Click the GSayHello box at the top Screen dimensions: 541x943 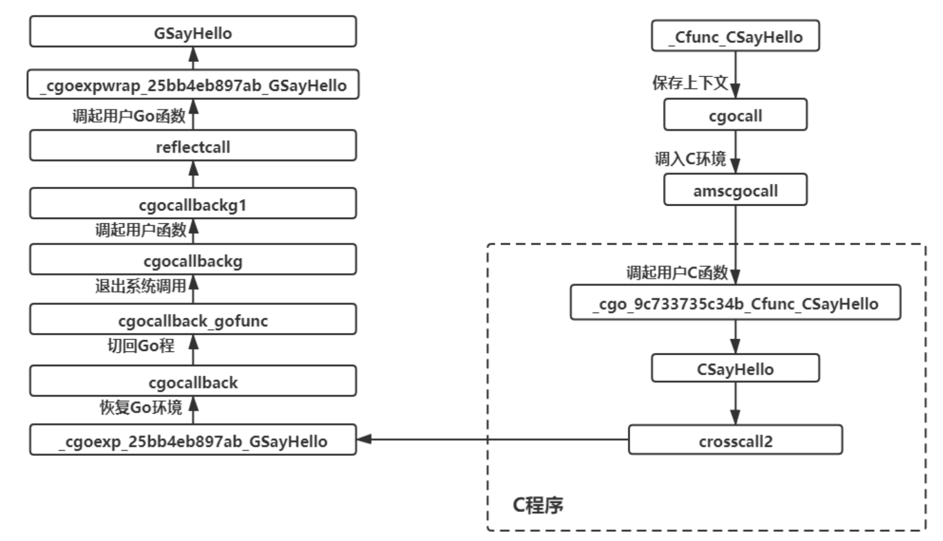tap(193, 32)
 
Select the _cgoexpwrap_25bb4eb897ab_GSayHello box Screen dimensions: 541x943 tap(193, 85)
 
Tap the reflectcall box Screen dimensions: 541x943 tap(193, 146)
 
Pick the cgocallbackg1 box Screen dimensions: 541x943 tap(193, 204)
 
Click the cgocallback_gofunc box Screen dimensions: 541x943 tap(193, 320)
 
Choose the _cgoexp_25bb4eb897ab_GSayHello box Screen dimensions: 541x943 tap(193, 441)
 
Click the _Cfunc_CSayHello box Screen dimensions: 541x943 tap(735, 36)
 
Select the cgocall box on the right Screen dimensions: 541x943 tap(735, 115)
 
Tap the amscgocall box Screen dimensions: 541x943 tap(735, 190)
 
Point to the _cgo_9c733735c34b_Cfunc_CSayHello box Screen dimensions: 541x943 tap(735, 303)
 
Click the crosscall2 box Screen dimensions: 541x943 tap(735, 441)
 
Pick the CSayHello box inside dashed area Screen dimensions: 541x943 tap(735, 369)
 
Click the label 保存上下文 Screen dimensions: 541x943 tap(690, 83)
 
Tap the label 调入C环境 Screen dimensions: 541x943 tap(690, 159)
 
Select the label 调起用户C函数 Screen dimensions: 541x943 tap(677, 273)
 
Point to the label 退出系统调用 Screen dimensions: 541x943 tap(140, 286)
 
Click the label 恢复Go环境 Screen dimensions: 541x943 tap(140, 408)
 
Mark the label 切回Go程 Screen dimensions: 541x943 tap(140, 346)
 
